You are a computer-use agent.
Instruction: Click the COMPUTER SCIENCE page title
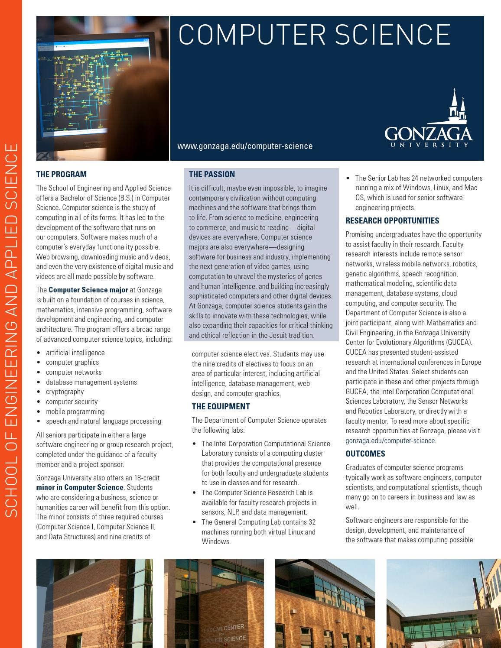click(314, 35)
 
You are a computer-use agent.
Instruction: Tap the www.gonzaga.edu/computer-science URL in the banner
click(245, 146)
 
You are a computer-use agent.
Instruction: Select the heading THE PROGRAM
click(62, 174)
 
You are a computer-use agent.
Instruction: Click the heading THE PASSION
click(212, 174)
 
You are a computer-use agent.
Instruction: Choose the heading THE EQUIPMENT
click(221, 406)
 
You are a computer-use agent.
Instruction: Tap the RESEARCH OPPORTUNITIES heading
click(392, 220)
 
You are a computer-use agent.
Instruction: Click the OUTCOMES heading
click(365, 454)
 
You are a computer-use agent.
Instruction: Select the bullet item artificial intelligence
click(75, 353)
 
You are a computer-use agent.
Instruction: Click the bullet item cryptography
click(65, 392)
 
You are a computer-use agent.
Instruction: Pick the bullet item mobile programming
click(75, 411)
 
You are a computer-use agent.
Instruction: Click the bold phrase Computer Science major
click(88, 290)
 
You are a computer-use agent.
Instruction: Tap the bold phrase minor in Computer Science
click(80, 487)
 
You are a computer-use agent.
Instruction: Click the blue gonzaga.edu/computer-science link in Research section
click(390, 441)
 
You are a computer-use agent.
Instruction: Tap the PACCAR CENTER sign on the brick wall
click(224, 632)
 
